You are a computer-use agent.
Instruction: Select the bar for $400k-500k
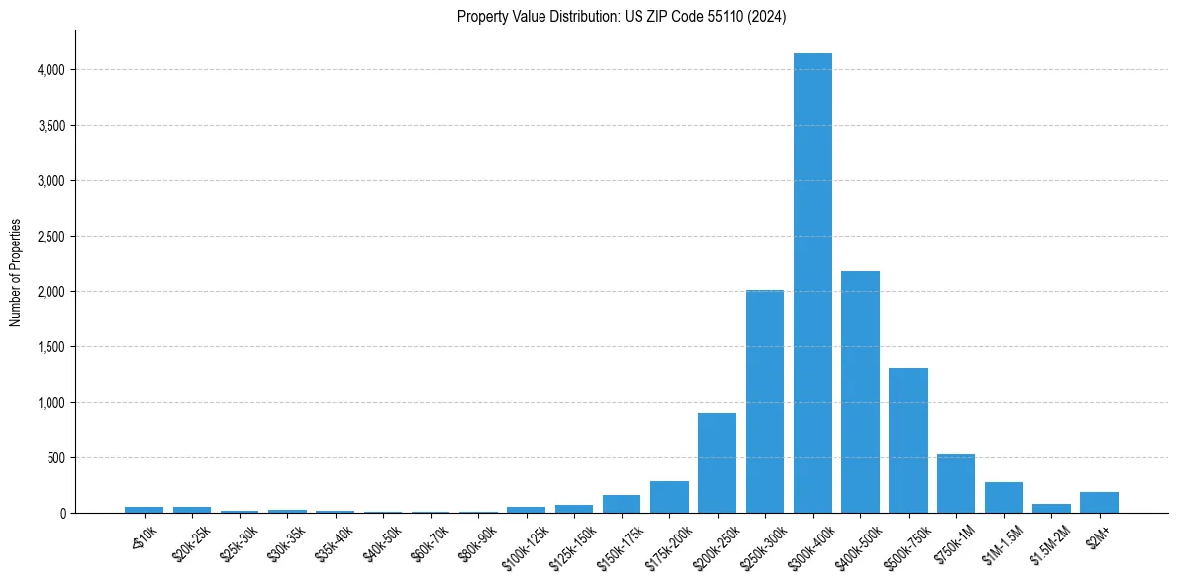(x=860, y=392)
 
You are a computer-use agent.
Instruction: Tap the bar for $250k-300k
(x=765, y=401)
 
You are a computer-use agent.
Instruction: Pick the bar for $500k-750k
(x=908, y=440)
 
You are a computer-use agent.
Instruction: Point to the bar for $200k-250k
(x=717, y=462)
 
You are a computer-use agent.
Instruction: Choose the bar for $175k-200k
(x=669, y=497)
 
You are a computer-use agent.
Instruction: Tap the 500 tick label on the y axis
(x=56, y=458)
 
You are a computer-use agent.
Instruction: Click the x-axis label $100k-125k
(x=523, y=540)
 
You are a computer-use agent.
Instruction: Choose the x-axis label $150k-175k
(x=618, y=540)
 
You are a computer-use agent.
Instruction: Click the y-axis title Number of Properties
(x=15, y=271)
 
